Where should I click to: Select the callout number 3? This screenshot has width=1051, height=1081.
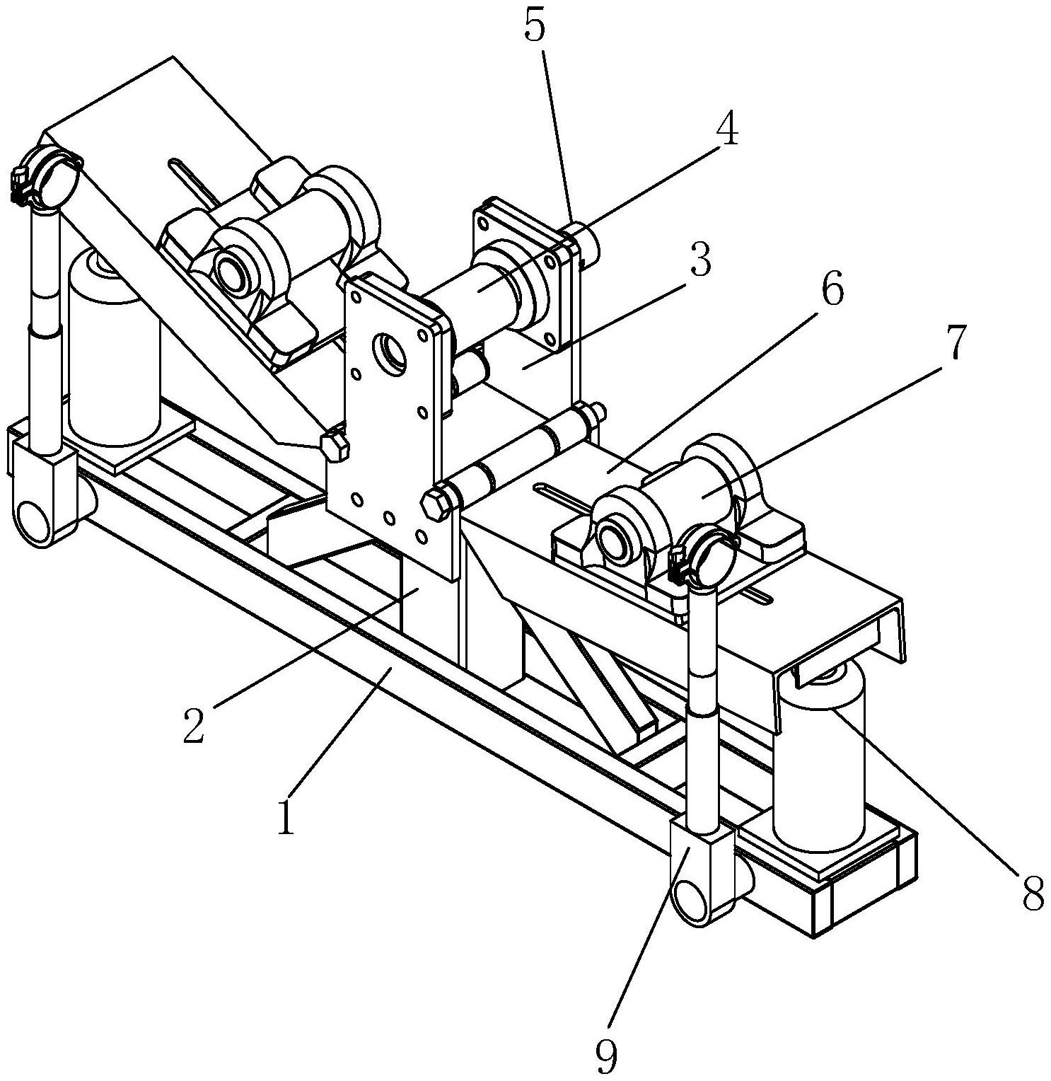[700, 260]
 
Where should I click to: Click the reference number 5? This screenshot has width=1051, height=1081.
[536, 26]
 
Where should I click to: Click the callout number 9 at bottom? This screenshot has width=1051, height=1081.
[606, 1057]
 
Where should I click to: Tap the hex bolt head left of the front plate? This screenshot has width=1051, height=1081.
[335, 447]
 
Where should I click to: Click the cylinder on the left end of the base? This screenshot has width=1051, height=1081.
[113, 347]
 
